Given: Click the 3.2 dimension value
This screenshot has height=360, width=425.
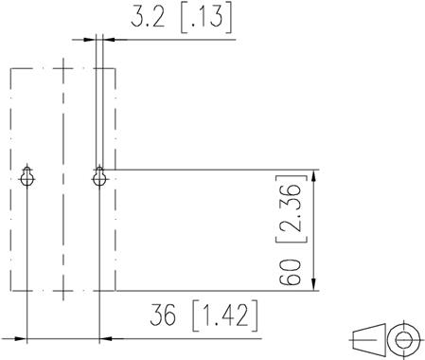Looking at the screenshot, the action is pos(148,16).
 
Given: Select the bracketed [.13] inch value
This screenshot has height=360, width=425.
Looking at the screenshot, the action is pos(206,17).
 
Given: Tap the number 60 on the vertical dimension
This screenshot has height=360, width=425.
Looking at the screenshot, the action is pos(290,272).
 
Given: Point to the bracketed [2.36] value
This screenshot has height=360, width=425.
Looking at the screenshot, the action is pos(292,209).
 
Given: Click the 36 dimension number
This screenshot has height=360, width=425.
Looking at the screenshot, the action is pos(163,315).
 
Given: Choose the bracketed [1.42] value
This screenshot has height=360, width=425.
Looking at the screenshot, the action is pos(225,315).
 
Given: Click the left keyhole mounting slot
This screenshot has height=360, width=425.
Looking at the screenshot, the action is pos(27,176).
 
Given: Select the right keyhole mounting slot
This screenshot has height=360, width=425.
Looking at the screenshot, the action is pos(99,176).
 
